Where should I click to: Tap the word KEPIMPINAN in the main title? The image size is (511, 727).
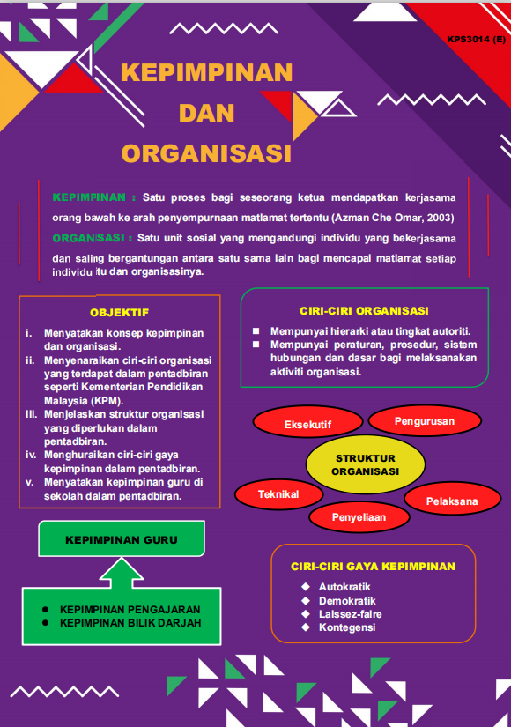207,72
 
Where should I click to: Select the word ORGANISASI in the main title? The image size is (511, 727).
206,153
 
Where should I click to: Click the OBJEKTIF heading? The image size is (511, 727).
119,312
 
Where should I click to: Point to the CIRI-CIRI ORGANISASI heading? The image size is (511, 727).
364,311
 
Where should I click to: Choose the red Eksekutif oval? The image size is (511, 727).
307,424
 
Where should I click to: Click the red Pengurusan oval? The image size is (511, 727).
424,421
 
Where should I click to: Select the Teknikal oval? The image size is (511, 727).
278,494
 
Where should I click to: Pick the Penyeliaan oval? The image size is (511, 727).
359,517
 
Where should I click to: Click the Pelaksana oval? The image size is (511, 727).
451,501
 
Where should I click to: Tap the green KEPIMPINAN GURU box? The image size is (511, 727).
122,539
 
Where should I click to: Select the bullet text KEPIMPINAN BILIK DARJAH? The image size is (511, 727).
130,623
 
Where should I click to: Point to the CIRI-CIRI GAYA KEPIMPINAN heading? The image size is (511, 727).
373,567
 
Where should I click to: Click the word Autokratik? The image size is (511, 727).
344,587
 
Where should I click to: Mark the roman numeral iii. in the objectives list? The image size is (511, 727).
31,414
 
